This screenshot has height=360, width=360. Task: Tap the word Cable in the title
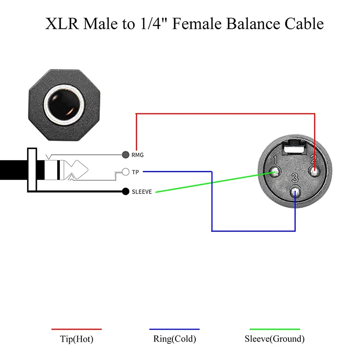[301, 23]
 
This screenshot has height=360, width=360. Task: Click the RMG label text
[138, 155]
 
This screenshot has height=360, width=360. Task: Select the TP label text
[135, 172]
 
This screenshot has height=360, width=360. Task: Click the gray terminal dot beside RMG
[126, 155]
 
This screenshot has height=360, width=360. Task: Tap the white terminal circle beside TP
[126, 172]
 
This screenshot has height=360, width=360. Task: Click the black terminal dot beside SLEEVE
[126, 192]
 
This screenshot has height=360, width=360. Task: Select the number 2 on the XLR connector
[314, 159]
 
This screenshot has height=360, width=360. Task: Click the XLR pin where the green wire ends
[275, 172]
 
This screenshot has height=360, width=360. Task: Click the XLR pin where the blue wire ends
[295, 191]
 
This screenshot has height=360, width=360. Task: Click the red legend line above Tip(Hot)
[76, 329]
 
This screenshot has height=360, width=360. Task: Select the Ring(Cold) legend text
[175, 339]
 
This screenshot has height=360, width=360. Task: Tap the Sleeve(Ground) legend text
[274, 339]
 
